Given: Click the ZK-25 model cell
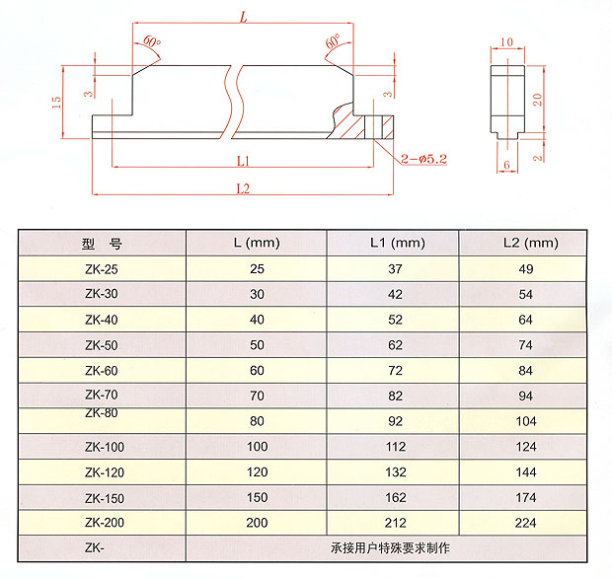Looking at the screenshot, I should [102, 268].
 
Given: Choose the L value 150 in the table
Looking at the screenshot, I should [257, 498].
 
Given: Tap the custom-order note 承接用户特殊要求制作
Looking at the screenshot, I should [394, 547].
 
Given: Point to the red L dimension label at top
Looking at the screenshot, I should [242, 16].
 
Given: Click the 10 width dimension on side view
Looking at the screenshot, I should [507, 42].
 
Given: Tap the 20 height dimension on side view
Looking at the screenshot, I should [537, 98].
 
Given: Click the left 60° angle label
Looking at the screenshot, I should [150, 41].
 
